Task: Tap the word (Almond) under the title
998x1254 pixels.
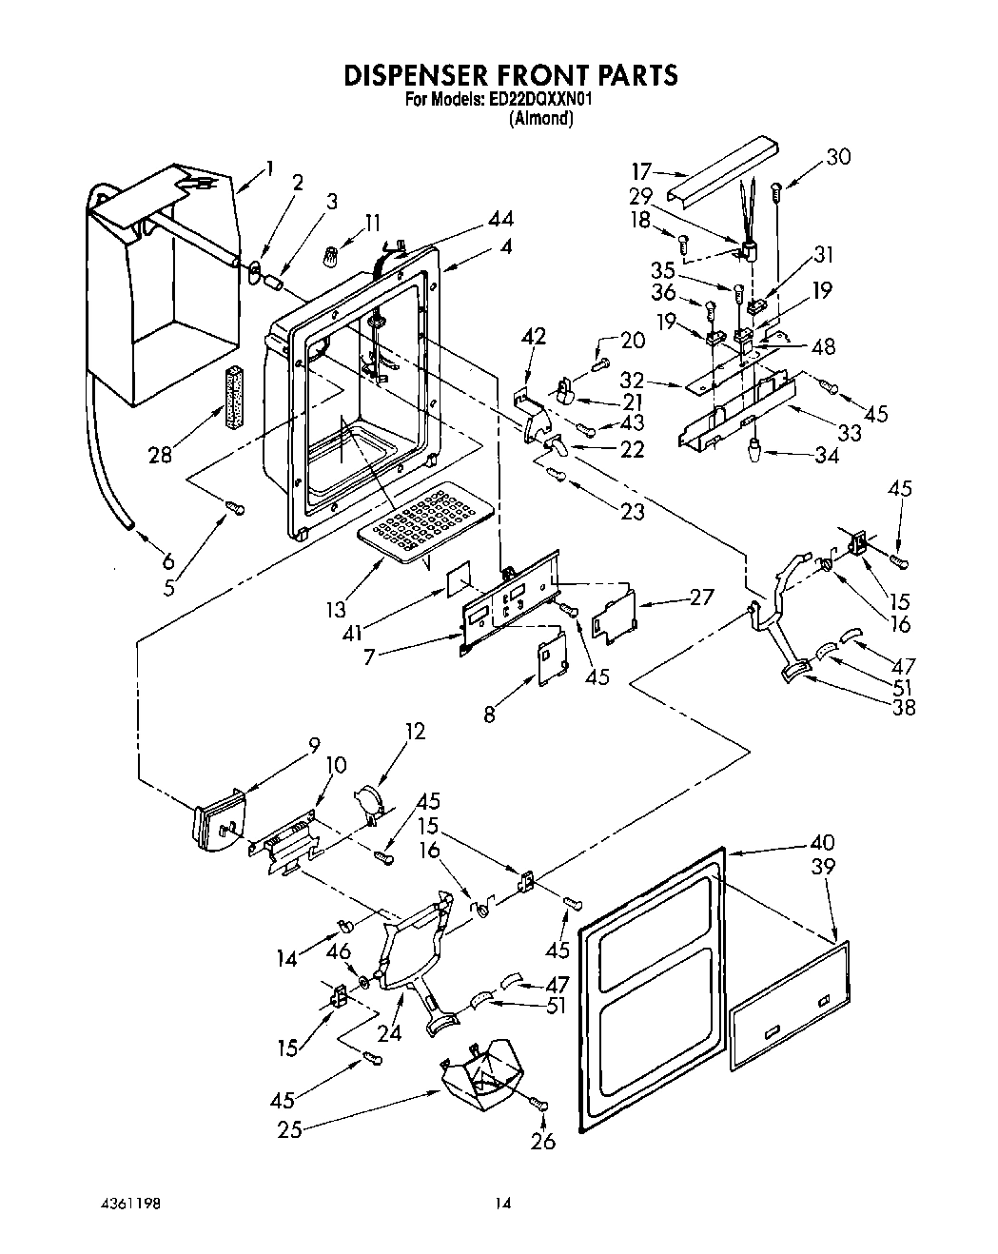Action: pos(541,119)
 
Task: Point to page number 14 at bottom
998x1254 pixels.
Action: pos(502,1204)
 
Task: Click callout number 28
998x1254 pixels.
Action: pos(161,455)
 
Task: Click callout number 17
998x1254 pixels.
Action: pos(641,172)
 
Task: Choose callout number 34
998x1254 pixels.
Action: pos(827,455)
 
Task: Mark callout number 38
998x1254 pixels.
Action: pos(903,707)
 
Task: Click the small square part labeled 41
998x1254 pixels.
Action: pos(460,577)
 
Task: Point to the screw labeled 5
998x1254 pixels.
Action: pos(235,509)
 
